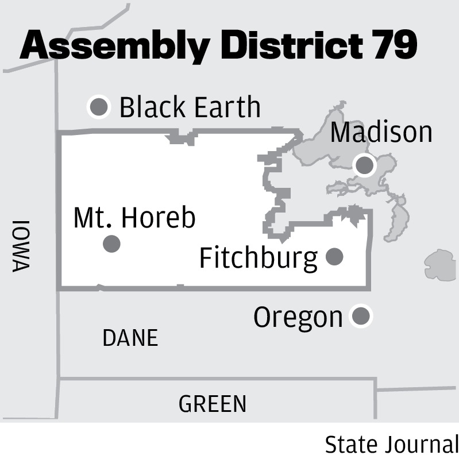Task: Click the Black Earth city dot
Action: [99, 106]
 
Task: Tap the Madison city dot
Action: [364, 165]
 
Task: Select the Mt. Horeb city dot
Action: [111, 244]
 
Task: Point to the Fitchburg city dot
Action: [334, 256]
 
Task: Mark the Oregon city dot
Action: [361, 316]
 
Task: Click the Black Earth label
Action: [190, 107]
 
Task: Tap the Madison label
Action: [381, 132]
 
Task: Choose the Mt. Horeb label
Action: [135, 218]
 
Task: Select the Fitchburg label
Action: [258, 258]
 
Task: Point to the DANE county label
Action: [130, 338]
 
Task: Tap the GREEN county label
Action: [213, 404]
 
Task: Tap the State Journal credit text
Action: [391, 444]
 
